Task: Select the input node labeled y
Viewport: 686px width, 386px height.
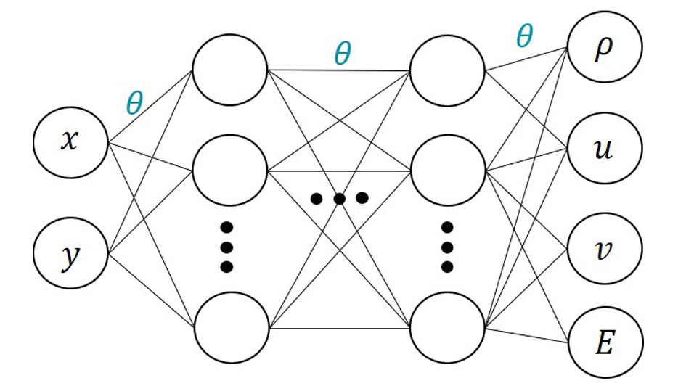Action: tap(70, 256)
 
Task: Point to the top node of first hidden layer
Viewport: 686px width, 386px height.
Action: tap(229, 71)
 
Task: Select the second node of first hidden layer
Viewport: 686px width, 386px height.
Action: tap(229, 171)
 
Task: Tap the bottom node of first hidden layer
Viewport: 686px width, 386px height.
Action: tap(229, 329)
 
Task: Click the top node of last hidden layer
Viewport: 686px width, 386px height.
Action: tap(448, 71)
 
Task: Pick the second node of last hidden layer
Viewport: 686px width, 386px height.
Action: tap(448, 171)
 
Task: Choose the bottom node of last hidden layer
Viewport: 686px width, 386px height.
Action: tap(448, 329)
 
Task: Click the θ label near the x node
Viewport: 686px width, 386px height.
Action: tap(135, 104)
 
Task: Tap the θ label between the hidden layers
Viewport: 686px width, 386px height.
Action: tap(342, 53)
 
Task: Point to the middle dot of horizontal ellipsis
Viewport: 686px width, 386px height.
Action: tap(339, 197)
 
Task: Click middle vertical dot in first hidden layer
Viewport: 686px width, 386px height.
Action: tap(227, 246)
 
